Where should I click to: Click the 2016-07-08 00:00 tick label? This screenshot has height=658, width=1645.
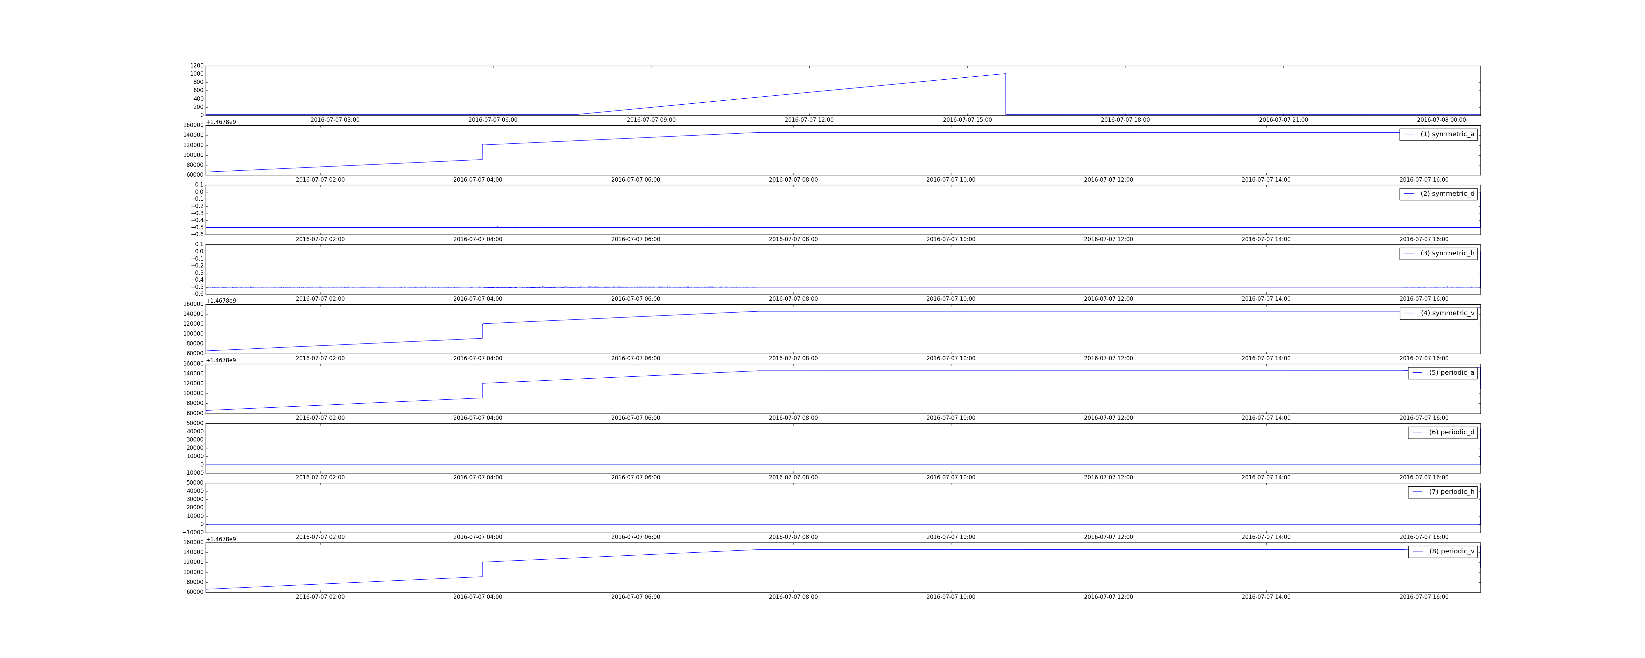[1441, 119]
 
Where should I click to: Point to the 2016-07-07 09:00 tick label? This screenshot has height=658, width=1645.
[651, 119]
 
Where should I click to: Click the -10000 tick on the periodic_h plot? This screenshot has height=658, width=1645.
[193, 532]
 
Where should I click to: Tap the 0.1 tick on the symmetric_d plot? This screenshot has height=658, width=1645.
[199, 185]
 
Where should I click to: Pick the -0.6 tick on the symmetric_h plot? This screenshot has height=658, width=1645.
[197, 294]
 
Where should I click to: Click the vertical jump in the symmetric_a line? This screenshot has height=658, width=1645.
[482, 152]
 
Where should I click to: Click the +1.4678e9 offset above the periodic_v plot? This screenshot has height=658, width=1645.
[221, 539]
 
